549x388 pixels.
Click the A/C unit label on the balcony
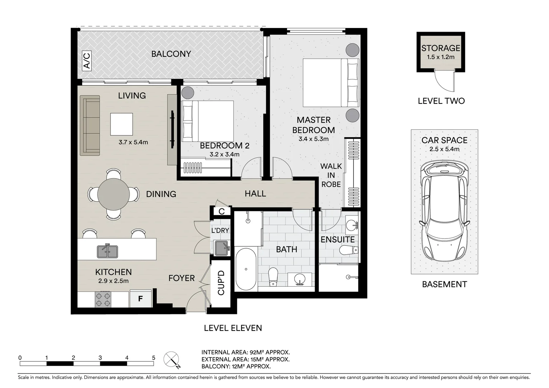87,61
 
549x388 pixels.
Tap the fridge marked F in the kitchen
140,299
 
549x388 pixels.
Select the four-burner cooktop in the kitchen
103,299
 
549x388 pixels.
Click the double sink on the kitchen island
107,251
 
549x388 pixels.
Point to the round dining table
113,194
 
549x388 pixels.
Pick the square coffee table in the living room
121,124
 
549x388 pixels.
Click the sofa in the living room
90,125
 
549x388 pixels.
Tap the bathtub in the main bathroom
246,269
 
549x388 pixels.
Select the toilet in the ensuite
349,250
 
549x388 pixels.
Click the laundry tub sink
222,248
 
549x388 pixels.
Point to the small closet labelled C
221,211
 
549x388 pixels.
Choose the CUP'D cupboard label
221,282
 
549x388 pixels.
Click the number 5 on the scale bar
154,357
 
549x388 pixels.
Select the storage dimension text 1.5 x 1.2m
441,57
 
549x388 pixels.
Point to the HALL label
255,194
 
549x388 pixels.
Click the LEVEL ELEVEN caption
233,328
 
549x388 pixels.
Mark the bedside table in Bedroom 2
188,93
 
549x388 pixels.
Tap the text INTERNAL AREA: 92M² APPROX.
245,352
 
